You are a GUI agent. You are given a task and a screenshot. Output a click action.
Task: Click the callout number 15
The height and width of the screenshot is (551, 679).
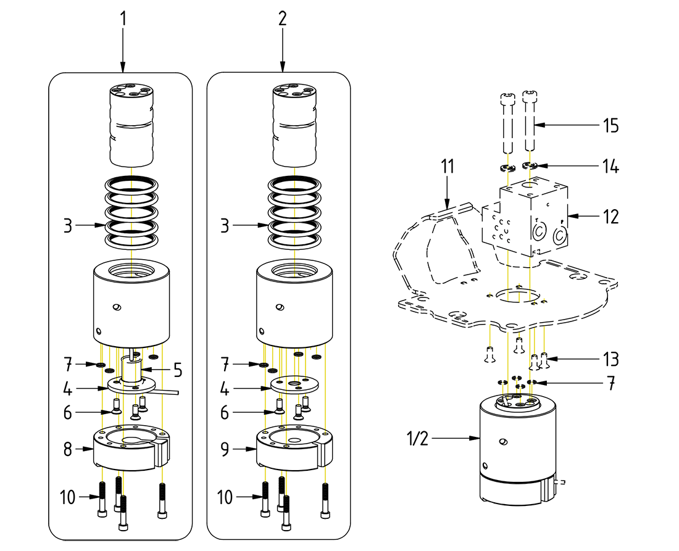click(x=610, y=126)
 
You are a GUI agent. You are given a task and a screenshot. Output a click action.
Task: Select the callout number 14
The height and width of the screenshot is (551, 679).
click(x=610, y=167)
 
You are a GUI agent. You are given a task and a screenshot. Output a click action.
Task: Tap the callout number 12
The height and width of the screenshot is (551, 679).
click(x=610, y=217)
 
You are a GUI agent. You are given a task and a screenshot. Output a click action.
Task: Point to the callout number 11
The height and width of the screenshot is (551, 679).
click(x=448, y=167)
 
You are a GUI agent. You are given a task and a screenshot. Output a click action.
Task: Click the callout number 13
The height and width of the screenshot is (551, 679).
click(x=610, y=358)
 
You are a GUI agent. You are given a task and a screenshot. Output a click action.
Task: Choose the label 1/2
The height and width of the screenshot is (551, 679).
click(x=417, y=439)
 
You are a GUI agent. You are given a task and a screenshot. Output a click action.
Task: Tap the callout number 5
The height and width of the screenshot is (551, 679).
click(x=177, y=370)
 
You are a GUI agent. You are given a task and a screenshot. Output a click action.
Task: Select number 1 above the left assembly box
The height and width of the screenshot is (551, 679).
click(x=123, y=19)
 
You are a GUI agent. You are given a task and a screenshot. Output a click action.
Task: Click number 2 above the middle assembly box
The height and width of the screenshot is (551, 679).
click(x=282, y=19)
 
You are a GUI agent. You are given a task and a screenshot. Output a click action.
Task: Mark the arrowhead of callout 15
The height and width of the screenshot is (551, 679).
click(x=535, y=126)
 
